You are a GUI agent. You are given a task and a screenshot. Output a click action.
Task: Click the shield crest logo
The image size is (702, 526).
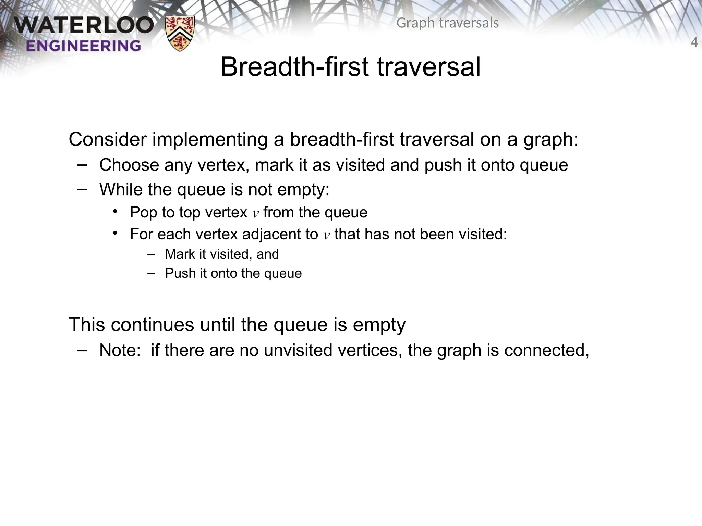[180, 33]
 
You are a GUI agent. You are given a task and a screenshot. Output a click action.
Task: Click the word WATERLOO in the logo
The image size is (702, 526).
[84, 26]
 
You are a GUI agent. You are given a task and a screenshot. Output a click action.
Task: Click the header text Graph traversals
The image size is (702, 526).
[447, 23]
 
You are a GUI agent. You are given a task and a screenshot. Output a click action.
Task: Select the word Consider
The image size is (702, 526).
[108, 139]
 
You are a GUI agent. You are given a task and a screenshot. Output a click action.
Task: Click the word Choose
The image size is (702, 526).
[129, 165]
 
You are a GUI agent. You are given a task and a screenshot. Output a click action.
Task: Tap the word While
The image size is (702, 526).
[120, 189]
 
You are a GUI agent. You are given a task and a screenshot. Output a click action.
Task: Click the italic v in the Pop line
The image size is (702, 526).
[255, 213]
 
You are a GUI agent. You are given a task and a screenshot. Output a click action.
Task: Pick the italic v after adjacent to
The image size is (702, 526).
[326, 235]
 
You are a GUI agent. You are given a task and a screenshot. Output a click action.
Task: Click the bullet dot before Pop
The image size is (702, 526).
[115, 211]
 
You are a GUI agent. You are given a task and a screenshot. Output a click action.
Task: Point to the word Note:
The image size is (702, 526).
[120, 350]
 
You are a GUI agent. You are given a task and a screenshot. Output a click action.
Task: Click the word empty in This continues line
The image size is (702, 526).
[379, 325]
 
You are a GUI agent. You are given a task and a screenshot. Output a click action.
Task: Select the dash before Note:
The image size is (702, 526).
[82, 350]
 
